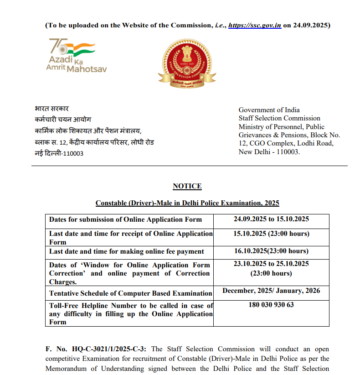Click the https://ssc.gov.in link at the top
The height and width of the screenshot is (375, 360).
254,25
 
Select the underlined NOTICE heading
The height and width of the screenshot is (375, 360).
187,186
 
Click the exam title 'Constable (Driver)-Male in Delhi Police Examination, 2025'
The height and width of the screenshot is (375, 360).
187,203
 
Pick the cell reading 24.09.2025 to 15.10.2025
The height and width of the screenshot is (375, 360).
271,219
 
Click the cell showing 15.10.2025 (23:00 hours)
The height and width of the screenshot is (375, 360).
271,234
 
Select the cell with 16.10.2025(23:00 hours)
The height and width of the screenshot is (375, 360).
271,251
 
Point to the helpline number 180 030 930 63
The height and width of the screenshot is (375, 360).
271,305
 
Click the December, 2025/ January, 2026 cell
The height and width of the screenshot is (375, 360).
271,291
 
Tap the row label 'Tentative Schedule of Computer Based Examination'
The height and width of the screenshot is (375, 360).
130,293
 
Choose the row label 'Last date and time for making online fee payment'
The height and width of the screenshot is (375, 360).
127,251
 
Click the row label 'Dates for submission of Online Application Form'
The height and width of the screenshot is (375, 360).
125,219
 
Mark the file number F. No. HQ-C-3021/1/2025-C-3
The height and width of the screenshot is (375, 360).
95,349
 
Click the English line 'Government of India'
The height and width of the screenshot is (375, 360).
269,110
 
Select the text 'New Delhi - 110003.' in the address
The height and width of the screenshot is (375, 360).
269,151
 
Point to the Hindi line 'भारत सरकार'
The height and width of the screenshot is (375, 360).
51,109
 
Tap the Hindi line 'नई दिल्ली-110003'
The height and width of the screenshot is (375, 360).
59,153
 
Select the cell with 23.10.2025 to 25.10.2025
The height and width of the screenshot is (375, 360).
271,264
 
